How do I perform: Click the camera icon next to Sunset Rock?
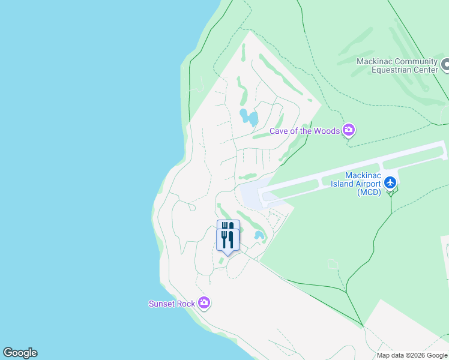point(204,304)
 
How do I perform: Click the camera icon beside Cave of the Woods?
point(349,131)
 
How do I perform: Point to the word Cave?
point(279,131)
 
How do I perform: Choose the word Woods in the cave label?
point(326,131)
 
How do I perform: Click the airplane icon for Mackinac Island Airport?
point(391,182)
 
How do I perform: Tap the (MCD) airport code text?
point(369,192)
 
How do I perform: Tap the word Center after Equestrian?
point(425,70)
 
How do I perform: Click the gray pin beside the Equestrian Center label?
point(445,65)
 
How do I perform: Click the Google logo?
point(20,353)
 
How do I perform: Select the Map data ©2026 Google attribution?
point(412,355)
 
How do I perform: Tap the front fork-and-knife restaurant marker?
point(228,240)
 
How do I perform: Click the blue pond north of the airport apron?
point(249,116)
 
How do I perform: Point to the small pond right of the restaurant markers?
point(259,235)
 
